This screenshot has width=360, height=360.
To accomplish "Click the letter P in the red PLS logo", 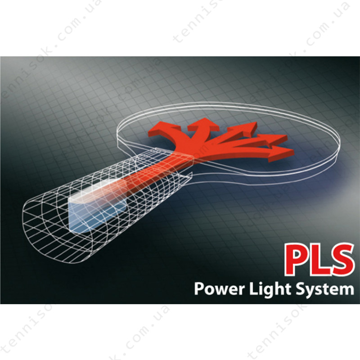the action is click(x=297, y=260).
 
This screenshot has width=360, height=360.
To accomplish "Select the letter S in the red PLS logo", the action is click(x=341, y=260).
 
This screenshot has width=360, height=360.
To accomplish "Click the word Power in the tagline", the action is click(x=220, y=289).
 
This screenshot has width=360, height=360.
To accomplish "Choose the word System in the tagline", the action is click(x=324, y=290).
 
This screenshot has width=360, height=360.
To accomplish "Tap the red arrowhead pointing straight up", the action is click(x=202, y=125).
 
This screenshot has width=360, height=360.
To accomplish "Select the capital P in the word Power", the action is click(x=199, y=289).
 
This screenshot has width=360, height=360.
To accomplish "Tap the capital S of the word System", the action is click(x=300, y=289).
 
